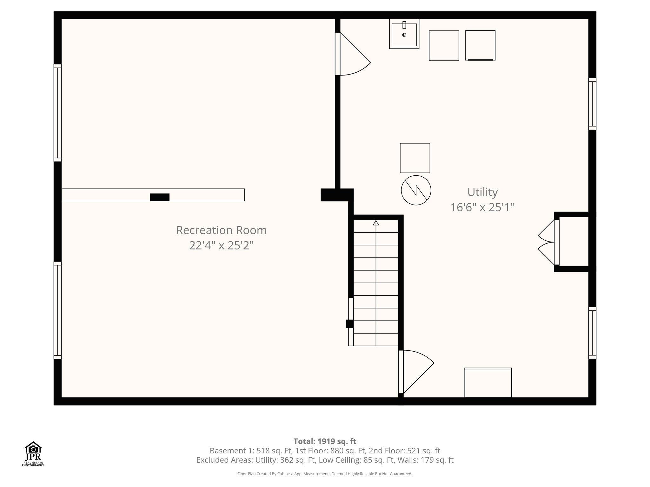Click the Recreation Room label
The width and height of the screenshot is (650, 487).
click(221, 230)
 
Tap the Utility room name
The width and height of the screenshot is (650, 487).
click(482, 192)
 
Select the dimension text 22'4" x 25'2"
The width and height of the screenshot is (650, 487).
click(221, 245)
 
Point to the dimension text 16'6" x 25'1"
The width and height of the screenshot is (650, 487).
click(482, 207)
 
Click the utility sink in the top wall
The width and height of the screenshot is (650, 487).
click(404, 34)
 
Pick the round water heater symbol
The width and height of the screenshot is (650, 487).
click(416, 190)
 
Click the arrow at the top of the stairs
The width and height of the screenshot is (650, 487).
click(376, 223)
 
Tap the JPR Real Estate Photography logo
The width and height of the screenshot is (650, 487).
click(33, 454)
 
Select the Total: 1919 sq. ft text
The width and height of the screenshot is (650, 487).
click(325, 441)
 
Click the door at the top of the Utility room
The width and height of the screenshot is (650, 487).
click(352, 54)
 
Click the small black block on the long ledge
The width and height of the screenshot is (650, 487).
click(160, 197)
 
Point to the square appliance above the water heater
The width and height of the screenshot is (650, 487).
click(415, 158)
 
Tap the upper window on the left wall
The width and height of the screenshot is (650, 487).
click(57, 113)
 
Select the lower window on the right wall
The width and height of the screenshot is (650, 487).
click(592, 333)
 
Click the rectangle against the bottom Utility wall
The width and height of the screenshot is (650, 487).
click(488, 383)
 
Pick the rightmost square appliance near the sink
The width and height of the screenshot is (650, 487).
click(480, 45)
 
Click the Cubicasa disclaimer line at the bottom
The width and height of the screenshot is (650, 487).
click(325, 474)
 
